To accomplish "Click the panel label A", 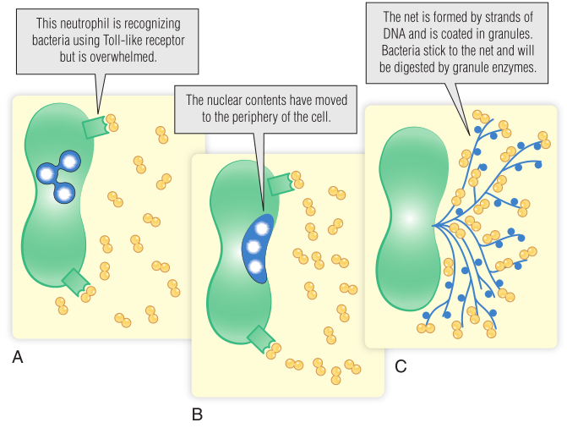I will coord(18,358).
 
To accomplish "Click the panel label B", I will coord(197,414).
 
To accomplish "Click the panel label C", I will coord(401,366).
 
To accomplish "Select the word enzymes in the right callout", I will coord(515,64).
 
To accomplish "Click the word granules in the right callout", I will coord(512,32).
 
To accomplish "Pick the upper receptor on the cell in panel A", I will coord(96,127).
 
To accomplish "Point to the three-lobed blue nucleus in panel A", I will coord(57,173).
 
